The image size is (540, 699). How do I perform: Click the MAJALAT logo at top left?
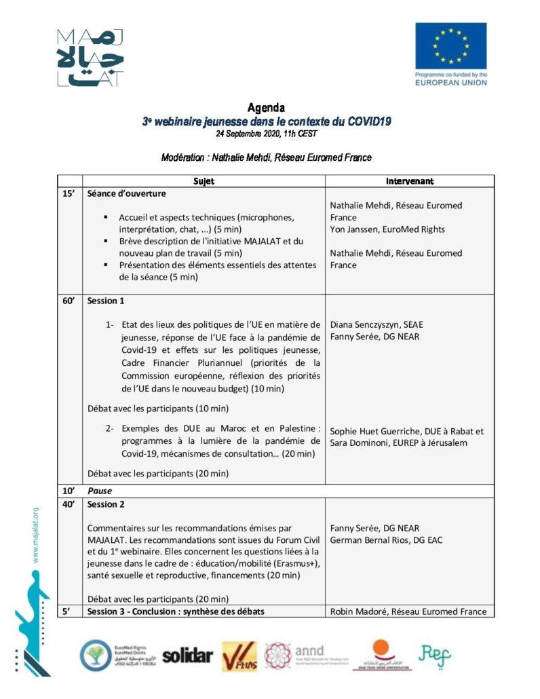(90, 58)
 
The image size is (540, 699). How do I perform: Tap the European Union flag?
(450, 45)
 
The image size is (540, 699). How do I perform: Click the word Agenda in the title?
(266, 108)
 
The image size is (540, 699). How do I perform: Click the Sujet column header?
(204, 181)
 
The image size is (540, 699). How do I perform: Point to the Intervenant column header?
(409, 181)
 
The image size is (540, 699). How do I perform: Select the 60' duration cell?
(68, 301)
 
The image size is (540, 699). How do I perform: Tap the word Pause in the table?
(99, 490)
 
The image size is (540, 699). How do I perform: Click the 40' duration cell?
(68, 504)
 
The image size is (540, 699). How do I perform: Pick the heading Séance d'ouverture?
(126, 193)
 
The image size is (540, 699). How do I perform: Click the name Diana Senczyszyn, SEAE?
(376, 324)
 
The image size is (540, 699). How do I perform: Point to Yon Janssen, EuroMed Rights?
(387, 229)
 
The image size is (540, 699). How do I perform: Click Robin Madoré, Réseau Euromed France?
(408, 611)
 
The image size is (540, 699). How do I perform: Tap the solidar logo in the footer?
(187, 656)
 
